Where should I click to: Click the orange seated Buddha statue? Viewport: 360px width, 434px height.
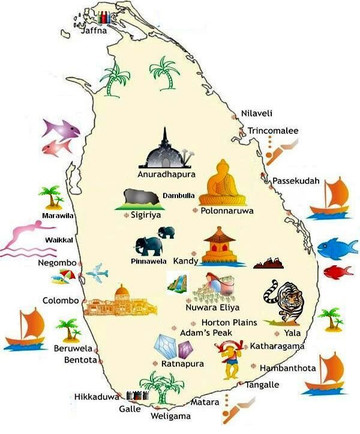pos(222,183)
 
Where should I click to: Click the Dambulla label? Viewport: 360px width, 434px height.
pos(180,195)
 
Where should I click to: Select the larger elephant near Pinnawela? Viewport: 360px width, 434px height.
pos(149,246)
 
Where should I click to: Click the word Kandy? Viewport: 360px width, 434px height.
pos(186,262)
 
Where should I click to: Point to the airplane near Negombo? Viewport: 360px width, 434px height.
pos(96,272)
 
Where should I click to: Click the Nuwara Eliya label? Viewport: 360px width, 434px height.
pos(208,309)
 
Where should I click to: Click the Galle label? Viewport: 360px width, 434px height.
pos(130,408)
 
